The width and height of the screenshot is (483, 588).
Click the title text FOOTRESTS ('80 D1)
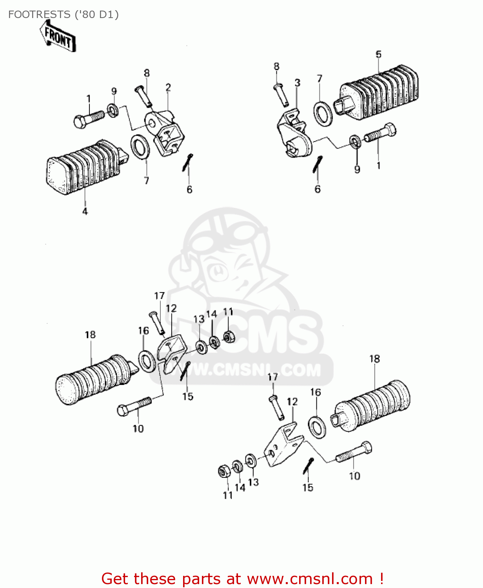[63, 15]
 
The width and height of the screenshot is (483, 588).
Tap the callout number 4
[85, 211]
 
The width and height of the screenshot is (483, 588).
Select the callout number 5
[378, 54]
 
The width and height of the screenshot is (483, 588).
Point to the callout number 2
[168, 87]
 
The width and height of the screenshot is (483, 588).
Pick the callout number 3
[297, 83]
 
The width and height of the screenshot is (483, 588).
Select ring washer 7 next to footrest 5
[323, 114]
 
